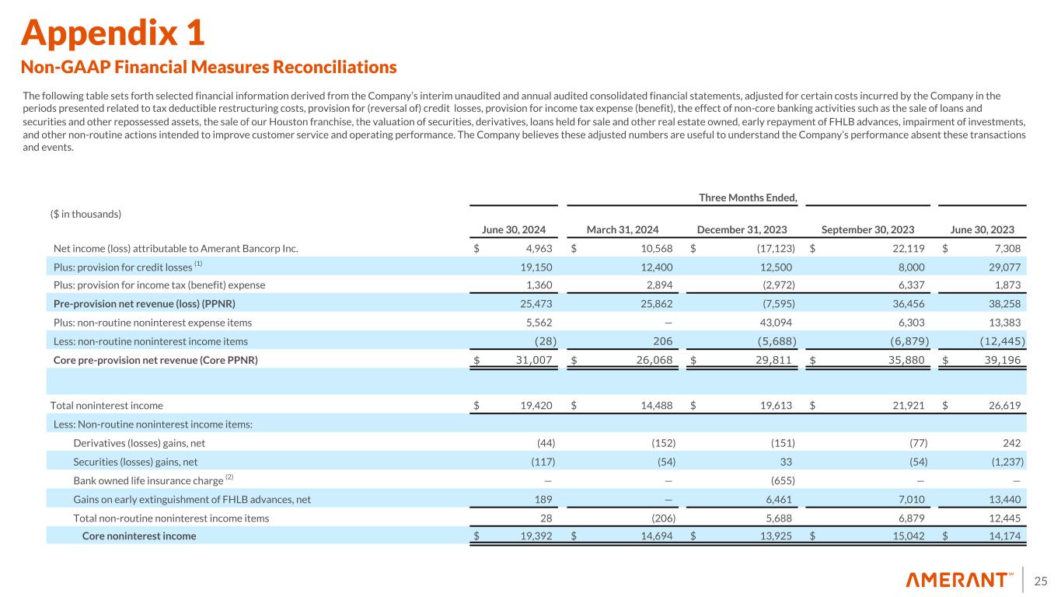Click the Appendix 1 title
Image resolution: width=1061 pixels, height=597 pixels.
pyautogui.click(x=113, y=32)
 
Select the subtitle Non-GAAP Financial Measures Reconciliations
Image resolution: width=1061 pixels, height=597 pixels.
pyautogui.click(x=209, y=67)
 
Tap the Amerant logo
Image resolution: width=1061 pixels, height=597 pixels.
pyautogui.click(x=959, y=580)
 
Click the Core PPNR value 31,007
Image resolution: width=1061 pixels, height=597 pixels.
pyautogui.click(x=536, y=359)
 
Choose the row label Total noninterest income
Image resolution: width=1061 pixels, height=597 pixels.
pyautogui.click(x=106, y=405)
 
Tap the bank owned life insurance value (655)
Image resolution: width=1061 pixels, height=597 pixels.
pyautogui.click(x=781, y=480)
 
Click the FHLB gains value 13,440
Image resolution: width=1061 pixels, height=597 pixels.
pyautogui.click(x=1006, y=499)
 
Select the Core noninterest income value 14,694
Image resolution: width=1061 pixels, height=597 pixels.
pyautogui.click(x=655, y=536)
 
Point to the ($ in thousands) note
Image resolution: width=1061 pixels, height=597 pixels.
pyautogui.click(x=86, y=214)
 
